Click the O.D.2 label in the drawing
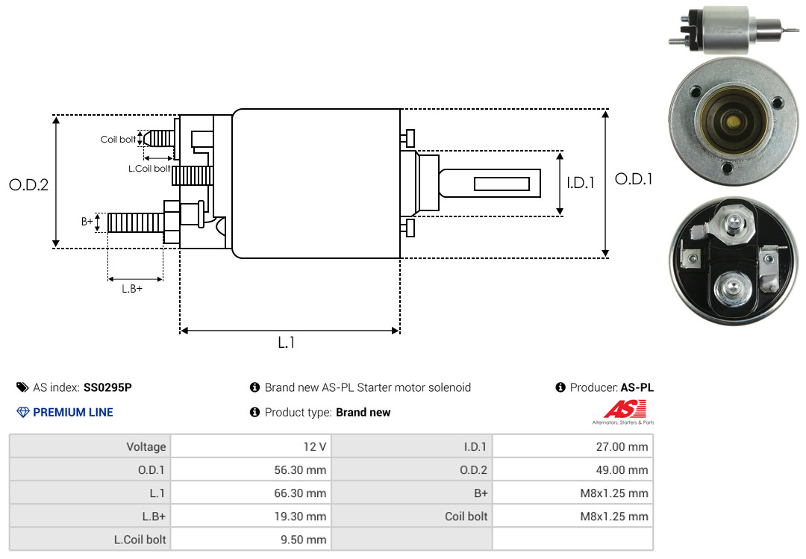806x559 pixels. click(x=29, y=184)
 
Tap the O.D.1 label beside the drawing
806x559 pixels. click(x=634, y=179)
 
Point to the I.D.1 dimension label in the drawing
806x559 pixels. click(x=581, y=183)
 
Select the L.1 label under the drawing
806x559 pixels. click(x=287, y=343)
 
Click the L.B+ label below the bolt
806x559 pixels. click(x=132, y=289)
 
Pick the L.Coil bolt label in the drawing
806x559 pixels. click(x=149, y=168)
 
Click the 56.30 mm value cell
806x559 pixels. click(x=300, y=470)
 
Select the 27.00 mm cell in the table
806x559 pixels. click(x=622, y=447)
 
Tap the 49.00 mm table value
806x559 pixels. click(x=622, y=470)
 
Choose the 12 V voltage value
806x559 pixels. click(x=315, y=447)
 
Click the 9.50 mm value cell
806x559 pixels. click(x=303, y=540)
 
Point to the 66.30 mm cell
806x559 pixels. click(x=300, y=493)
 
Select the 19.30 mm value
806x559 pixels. click(x=300, y=516)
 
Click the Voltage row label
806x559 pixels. click(x=146, y=447)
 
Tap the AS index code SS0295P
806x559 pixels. click(x=107, y=387)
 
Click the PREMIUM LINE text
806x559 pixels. click(x=73, y=413)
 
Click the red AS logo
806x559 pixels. click(x=625, y=409)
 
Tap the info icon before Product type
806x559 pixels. click(x=254, y=412)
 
